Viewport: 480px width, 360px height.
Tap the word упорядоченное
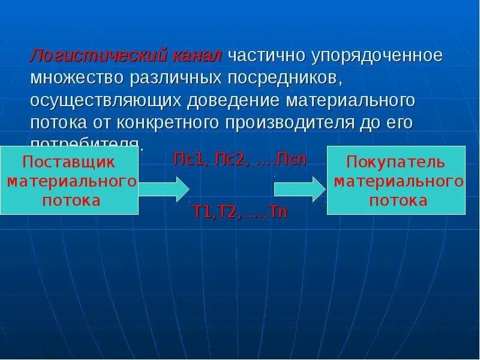pyautogui.click(x=377, y=56)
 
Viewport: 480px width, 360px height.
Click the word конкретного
pyautogui.click(x=169, y=122)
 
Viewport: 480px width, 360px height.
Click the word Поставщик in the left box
pyautogui.click(x=71, y=162)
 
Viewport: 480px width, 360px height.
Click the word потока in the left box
pyautogui.click(x=71, y=200)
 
